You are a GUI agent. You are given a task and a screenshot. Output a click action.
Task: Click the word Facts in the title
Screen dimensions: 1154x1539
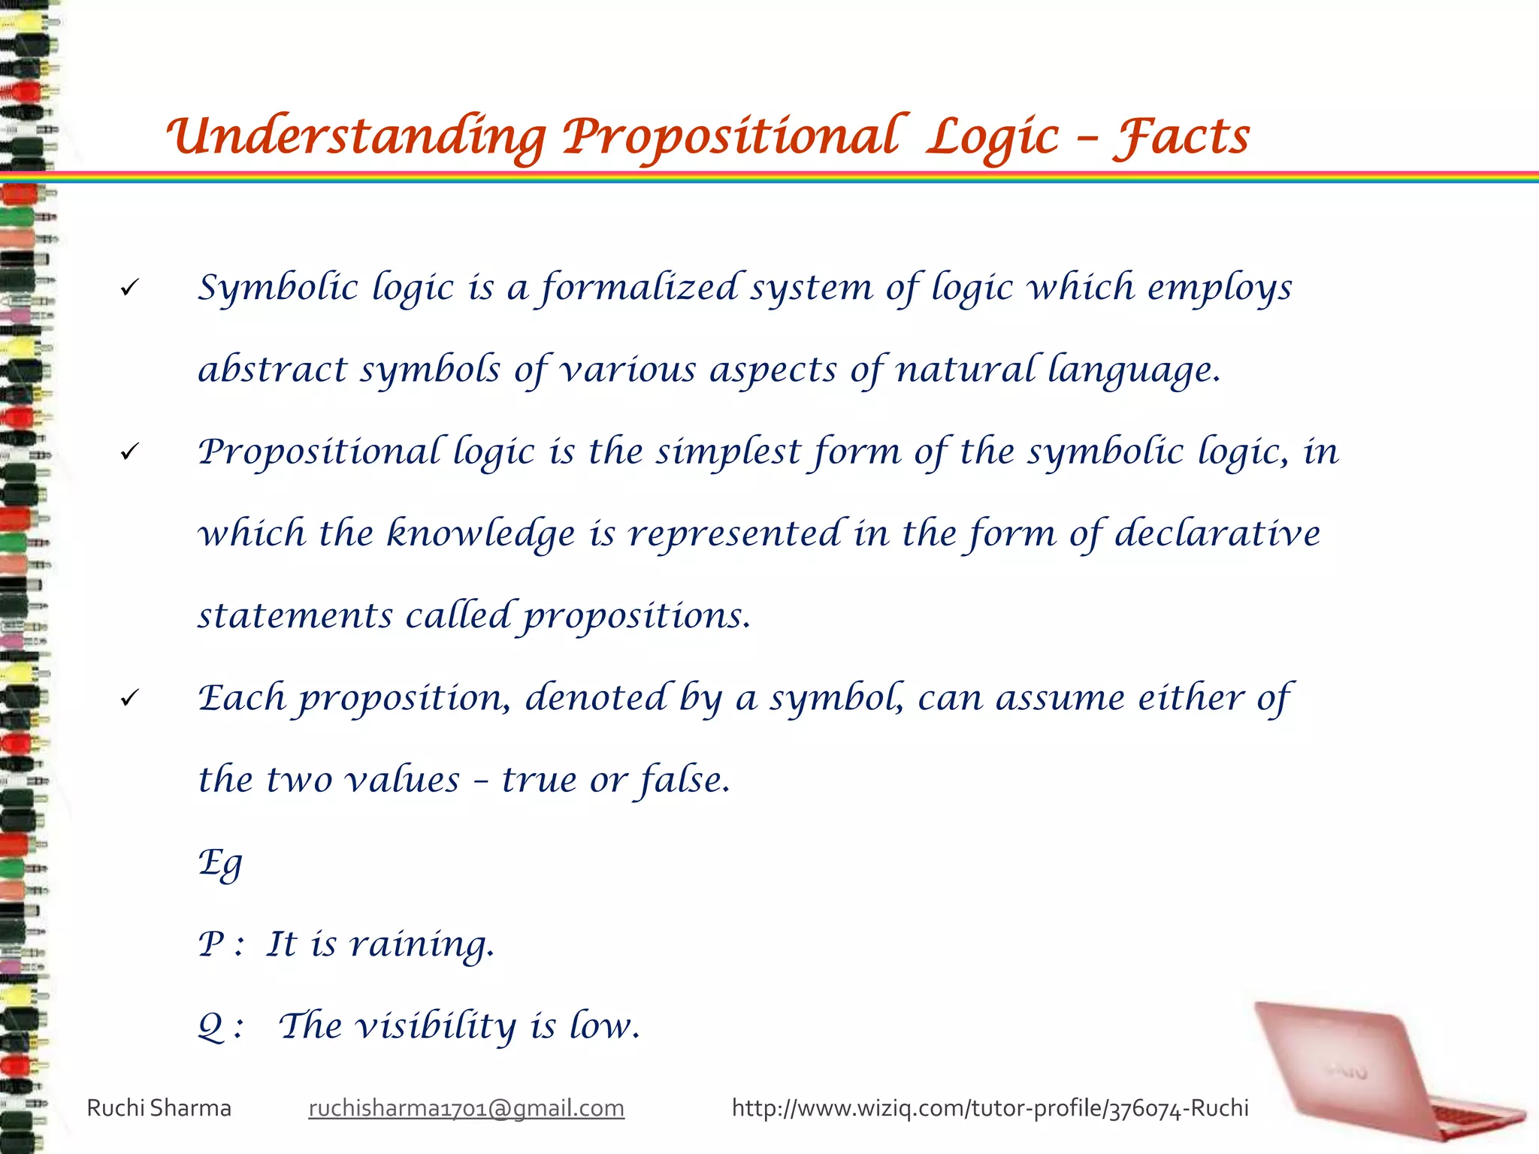[x=1181, y=137]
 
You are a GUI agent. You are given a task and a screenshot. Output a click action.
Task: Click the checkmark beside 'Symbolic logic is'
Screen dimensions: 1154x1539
[x=129, y=288]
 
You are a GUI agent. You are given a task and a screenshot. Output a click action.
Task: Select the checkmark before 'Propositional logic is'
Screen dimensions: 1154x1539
[x=129, y=452]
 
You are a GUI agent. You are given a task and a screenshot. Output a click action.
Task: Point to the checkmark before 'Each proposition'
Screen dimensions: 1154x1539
[x=129, y=698]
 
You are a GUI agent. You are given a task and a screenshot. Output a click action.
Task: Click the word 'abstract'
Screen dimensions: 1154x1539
[x=273, y=370]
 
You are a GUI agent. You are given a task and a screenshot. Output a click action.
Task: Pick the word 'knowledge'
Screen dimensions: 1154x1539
[x=481, y=534]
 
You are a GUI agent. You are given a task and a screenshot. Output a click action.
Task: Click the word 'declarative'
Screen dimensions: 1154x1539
[x=1217, y=533]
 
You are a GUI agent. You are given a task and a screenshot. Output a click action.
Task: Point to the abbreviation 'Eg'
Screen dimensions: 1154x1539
[x=220, y=863]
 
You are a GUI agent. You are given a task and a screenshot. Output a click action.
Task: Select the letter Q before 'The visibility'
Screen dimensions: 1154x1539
[x=211, y=1026]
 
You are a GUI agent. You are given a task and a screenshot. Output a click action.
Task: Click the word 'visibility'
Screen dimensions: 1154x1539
[x=435, y=1026]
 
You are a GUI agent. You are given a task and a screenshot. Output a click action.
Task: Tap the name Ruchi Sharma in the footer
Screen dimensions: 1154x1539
[x=159, y=1107]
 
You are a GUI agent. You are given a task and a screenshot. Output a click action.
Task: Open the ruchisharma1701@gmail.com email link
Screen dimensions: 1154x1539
[x=466, y=1107]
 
